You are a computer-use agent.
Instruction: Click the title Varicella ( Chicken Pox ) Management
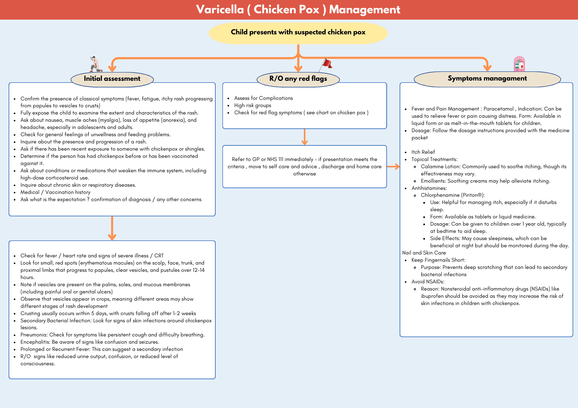[298, 10]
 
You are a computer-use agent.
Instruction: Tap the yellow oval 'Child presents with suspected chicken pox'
[298, 32]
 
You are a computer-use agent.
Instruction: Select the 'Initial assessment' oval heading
[112, 79]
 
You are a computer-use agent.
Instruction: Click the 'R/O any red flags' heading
[298, 78]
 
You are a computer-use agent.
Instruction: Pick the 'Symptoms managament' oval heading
[487, 78]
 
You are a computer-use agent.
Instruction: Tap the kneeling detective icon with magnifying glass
[95, 64]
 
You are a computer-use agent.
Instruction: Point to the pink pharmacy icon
[519, 64]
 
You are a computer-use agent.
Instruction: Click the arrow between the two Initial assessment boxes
[112, 228]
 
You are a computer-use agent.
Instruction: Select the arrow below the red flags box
[304, 137]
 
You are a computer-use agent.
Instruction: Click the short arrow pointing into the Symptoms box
[393, 166]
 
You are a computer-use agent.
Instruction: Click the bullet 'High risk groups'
[253, 105]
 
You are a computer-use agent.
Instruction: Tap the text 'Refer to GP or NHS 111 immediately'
[273, 159]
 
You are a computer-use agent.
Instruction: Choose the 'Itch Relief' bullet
[423, 152]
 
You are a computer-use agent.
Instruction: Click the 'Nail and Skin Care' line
[424, 253]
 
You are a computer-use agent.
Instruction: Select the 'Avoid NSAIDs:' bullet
[428, 282]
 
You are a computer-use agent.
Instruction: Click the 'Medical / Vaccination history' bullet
[55, 192]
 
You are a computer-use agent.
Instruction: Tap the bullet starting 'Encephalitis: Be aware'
[90, 342]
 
